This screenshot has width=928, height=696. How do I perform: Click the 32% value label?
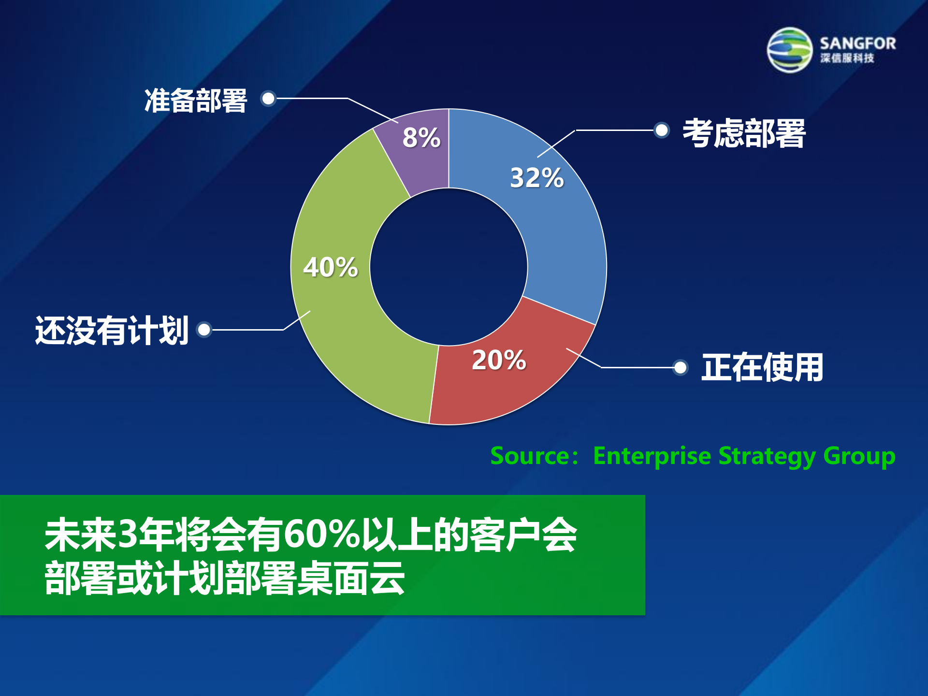pos(536,177)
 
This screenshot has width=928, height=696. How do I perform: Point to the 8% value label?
pos(421,137)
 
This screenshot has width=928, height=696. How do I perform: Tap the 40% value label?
pos(331,267)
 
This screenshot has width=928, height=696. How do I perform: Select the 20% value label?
pos(499,360)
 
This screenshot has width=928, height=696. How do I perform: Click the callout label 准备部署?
pos(196,101)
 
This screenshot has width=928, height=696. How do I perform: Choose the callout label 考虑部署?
pos(744,133)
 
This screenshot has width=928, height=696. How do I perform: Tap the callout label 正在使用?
pos(762,367)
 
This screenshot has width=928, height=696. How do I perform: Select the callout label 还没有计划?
pos(112,331)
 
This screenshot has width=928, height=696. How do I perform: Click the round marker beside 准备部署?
pos(268,99)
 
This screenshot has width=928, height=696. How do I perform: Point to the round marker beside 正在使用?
pos(680,367)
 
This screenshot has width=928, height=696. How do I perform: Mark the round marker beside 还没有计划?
pos(204,330)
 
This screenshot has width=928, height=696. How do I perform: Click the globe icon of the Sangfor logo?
pos(790,50)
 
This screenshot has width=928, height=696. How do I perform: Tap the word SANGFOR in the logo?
pos(857,43)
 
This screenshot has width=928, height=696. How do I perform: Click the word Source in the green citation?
pos(530,456)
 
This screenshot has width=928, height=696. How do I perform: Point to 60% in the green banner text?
pos(322,535)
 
